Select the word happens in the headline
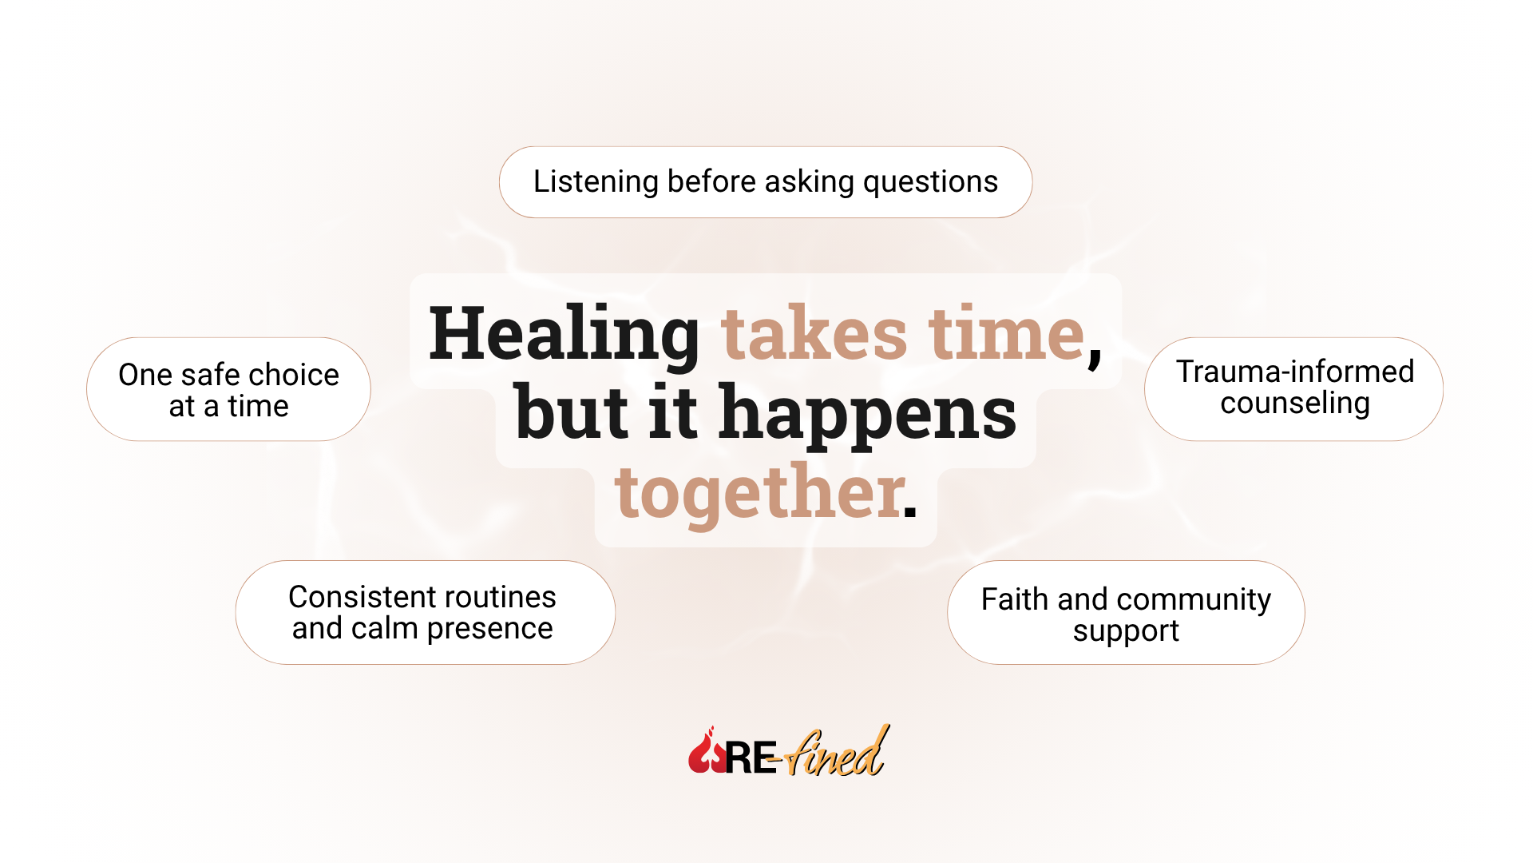(867, 413)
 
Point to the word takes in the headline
(814, 334)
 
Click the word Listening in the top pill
(596, 181)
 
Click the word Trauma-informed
(1294, 372)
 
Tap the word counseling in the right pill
(1294, 404)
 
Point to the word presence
(489, 630)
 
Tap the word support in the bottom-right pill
(1125, 631)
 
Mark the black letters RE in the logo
(749, 758)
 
